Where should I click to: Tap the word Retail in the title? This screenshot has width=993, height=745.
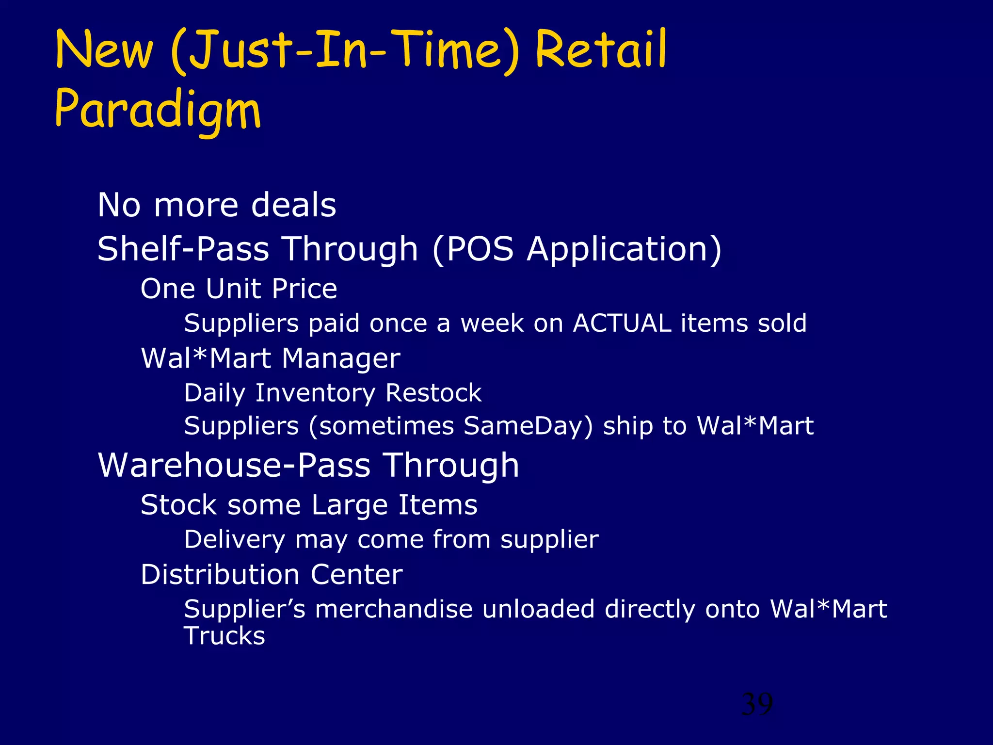click(601, 50)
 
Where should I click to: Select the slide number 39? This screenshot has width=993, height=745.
click(757, 704)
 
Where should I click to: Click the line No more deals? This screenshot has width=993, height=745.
click(217, 205)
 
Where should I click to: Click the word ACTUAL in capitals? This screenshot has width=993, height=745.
click(622, 323)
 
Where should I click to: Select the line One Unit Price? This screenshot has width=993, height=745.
click(239, 289)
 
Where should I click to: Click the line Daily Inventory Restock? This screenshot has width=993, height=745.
click(333, 392)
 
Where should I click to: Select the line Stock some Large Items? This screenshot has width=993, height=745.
click(309, 505)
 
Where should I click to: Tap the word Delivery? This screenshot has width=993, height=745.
click(235, 539)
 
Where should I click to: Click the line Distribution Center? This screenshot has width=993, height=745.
click(272, 574)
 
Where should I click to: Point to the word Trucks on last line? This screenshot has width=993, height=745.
click(224, 636)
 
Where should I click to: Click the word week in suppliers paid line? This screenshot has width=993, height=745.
click(492, 323)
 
